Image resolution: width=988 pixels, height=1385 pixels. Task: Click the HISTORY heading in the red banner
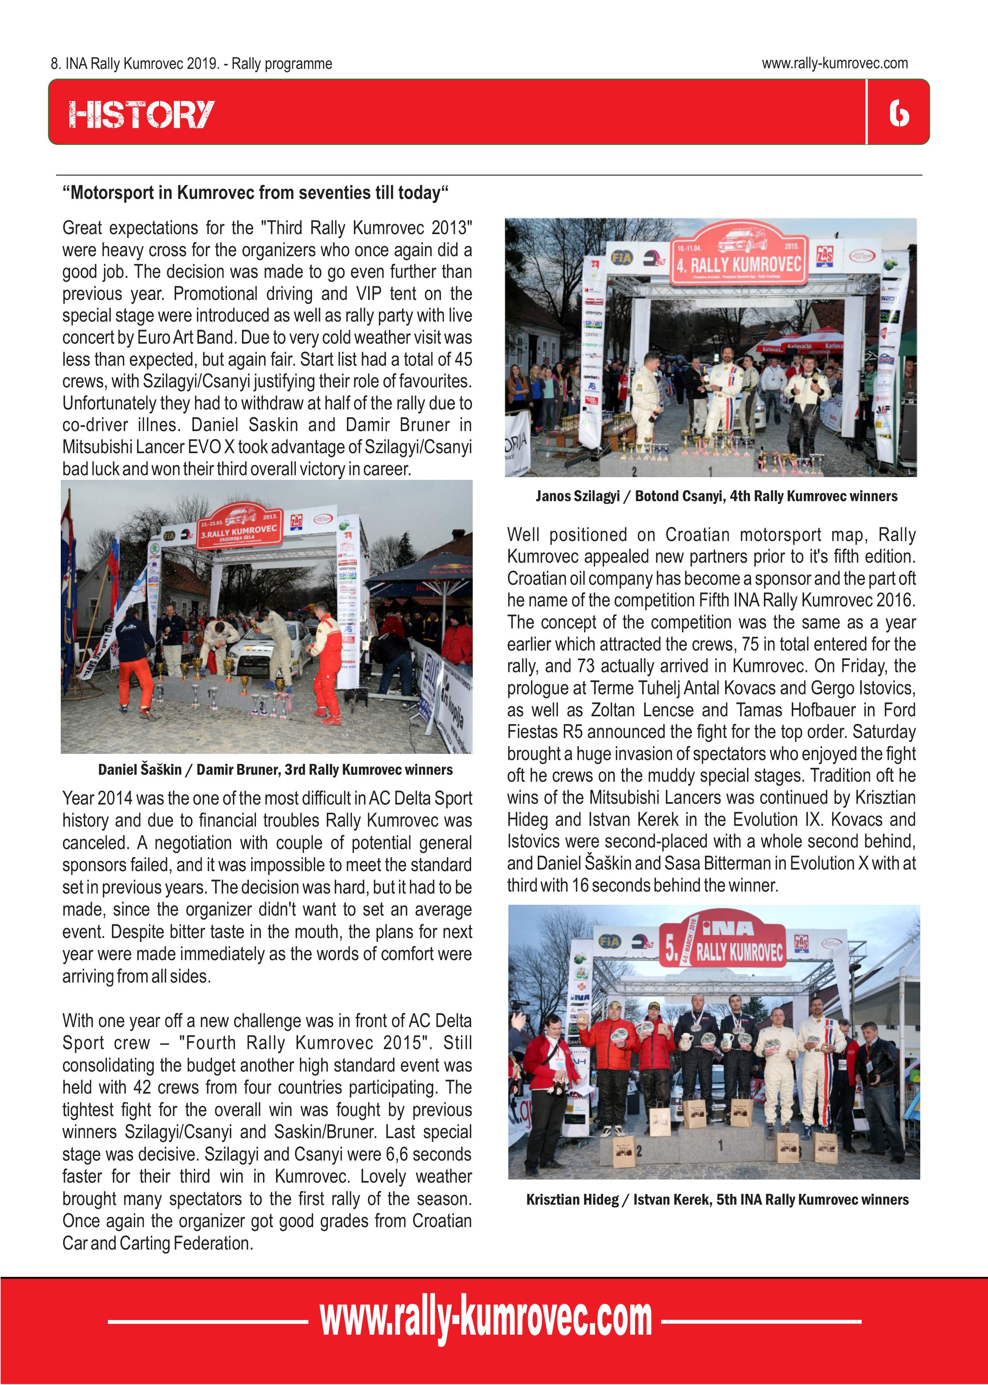[x=141, y=114]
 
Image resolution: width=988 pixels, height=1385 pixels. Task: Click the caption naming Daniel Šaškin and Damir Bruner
[x=275, y=770]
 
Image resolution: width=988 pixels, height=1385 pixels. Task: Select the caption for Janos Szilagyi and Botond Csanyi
[x=716, y=496]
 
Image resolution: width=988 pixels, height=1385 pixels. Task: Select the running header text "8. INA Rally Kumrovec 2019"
[x=191, y=64]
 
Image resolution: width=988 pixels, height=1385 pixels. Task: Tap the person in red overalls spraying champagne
[x=327, y=663]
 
